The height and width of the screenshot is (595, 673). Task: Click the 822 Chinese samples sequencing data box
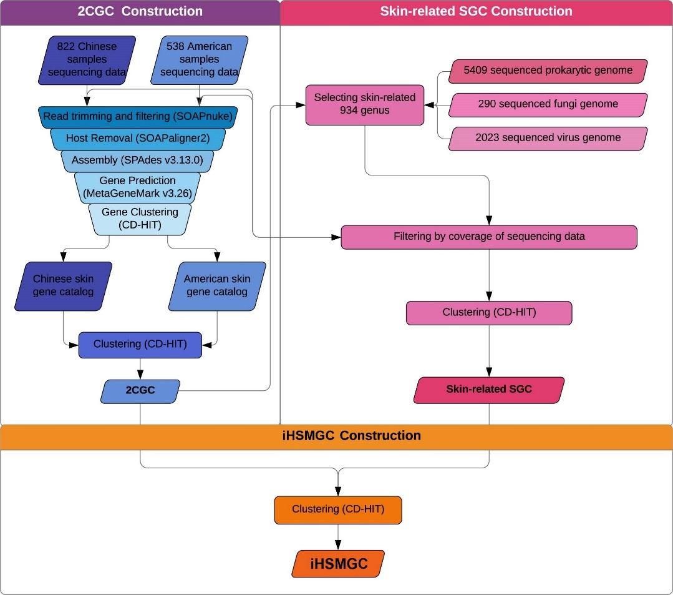point(87,60)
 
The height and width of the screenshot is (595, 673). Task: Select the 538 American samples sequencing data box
point(199,60)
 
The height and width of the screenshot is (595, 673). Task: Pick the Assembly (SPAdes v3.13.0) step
point(137,160)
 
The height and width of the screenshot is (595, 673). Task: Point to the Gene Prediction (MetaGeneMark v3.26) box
point(137,187)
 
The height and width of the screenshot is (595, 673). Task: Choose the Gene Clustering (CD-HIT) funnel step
point(140,219)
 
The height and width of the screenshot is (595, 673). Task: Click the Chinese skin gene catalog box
point(63,285)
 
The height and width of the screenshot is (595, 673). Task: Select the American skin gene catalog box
point(216,285)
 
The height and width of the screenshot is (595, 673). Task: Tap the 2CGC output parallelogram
point(140,390)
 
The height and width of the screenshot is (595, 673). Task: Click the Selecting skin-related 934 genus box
point(364,104)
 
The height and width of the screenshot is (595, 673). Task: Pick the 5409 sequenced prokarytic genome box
point(548,71)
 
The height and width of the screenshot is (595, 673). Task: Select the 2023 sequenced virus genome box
point(548,137)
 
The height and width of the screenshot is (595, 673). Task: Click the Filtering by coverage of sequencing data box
point(489,237)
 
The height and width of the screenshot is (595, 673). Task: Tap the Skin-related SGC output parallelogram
point(489,389)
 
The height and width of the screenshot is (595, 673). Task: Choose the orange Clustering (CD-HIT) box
point(338,509)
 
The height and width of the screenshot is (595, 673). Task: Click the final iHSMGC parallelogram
point(337,564)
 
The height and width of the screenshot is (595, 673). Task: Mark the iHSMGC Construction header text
point(337,436)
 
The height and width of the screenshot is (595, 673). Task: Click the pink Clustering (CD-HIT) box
point(489,313)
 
